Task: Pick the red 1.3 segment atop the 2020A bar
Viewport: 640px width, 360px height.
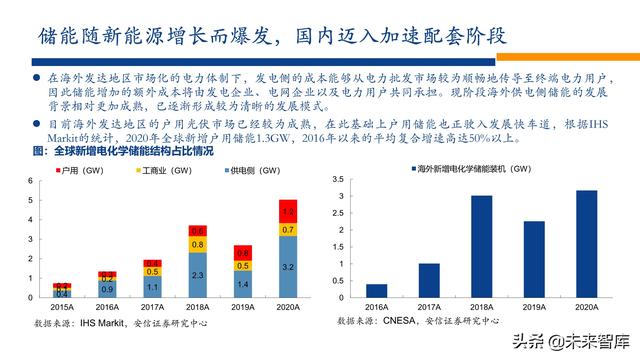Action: coord(287,212)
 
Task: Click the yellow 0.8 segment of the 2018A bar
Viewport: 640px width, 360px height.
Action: coord(198,244)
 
